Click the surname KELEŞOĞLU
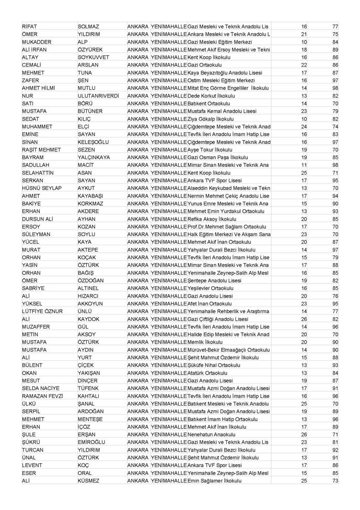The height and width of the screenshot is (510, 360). [x=93, y=142]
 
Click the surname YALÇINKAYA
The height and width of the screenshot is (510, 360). [x=95, y=158]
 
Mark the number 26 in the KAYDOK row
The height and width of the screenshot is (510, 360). [x=304, y=319]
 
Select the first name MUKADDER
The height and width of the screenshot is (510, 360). [x=37, y=42]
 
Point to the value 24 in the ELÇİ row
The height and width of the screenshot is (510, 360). [x=304, y=127]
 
